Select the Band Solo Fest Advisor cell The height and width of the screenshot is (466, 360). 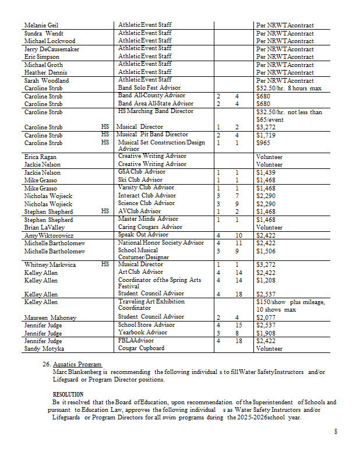(149, 88)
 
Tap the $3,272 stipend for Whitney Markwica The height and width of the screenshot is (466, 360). (266, 264)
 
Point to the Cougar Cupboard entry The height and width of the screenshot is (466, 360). (141, 348)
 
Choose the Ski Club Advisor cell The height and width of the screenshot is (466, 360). (140, 180)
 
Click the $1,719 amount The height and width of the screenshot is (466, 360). (266, 135)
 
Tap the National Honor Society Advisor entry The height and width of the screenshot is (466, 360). (161, 243)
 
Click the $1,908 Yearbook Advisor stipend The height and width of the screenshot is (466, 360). (266, 333)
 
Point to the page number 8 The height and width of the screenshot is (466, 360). (336, 432)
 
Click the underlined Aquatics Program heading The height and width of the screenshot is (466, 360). (77, 364)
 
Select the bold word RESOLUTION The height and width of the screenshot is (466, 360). (68, 395)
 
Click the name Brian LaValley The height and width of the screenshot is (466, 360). (44, 228)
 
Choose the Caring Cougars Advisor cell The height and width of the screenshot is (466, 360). (150, 227)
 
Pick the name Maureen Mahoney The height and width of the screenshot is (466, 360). (49, 317)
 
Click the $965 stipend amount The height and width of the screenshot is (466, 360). (263, 143)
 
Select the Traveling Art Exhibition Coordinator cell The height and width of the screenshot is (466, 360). (151, 305)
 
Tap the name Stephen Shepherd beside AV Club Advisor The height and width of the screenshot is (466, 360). (48, 211)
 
